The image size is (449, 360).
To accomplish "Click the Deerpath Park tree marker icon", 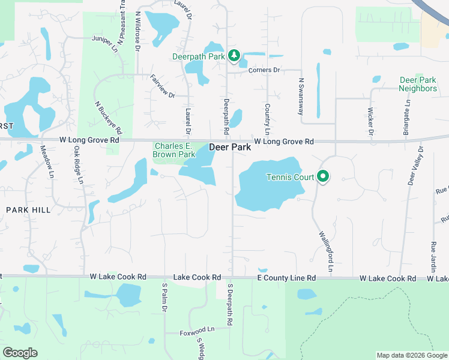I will pos(234,56).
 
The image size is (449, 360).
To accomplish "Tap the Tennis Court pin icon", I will pos(323,177).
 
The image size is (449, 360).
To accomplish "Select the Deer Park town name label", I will pos(230,147).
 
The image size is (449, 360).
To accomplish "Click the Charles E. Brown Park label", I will pos(175,150).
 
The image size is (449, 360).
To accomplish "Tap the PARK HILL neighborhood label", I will pos(28,209).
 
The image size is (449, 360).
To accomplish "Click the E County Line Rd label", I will pos(286,278).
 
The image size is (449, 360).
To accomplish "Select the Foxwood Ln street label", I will pos(197,330).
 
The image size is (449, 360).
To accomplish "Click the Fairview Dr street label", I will pos(162,86).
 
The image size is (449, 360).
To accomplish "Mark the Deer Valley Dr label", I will pos(414,166).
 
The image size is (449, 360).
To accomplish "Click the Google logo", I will pos(20,353).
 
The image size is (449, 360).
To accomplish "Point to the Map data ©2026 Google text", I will pos(411,355).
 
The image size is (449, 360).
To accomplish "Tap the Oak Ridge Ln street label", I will pos(78,162).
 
